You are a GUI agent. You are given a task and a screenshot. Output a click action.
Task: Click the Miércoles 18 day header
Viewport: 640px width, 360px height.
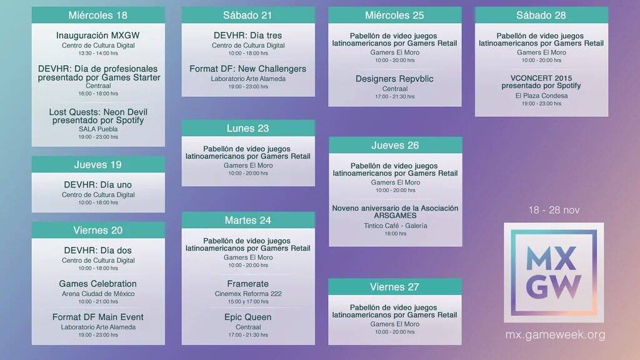[98, 15]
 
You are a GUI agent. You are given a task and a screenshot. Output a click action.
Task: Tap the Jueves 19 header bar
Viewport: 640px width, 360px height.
[98, 164]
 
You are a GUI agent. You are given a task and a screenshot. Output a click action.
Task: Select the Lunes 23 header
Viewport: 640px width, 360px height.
[247, 128]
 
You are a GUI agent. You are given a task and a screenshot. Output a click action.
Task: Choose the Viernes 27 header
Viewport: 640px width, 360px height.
[395, 287]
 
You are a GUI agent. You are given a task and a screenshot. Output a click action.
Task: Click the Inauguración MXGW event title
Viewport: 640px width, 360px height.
[98, 36]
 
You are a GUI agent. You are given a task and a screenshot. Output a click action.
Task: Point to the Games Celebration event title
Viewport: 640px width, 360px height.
[97, 284]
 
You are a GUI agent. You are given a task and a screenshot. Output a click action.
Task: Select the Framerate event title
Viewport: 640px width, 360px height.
[247, 284]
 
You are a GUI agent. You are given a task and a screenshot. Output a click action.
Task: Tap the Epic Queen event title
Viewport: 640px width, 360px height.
[247, 317]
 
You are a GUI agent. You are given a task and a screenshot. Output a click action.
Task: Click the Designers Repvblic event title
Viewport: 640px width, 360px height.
[394, 79]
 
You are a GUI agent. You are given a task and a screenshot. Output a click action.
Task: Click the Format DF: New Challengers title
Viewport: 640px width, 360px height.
[247, 69]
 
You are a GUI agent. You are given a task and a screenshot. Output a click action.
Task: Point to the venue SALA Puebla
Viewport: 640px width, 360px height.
[98, 129]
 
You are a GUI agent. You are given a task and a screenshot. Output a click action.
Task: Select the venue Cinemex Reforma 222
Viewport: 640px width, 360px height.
[248, 294]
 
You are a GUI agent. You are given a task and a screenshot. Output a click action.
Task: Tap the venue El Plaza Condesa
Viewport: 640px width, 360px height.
[541, 96]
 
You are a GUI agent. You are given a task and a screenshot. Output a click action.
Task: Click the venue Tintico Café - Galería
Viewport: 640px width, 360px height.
[396, 225]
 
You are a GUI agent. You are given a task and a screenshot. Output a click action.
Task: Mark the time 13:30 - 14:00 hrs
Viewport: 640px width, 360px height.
[98, 53]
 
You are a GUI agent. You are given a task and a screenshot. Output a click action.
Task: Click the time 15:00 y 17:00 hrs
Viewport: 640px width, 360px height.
[248, 302]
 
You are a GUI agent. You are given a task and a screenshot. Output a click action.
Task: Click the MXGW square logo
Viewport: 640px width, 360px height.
[554, 272]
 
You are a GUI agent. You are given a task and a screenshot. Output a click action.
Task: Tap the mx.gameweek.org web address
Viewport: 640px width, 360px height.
[555, 335]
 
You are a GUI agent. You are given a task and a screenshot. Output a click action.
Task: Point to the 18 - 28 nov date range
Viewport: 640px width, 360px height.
[554, 210]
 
